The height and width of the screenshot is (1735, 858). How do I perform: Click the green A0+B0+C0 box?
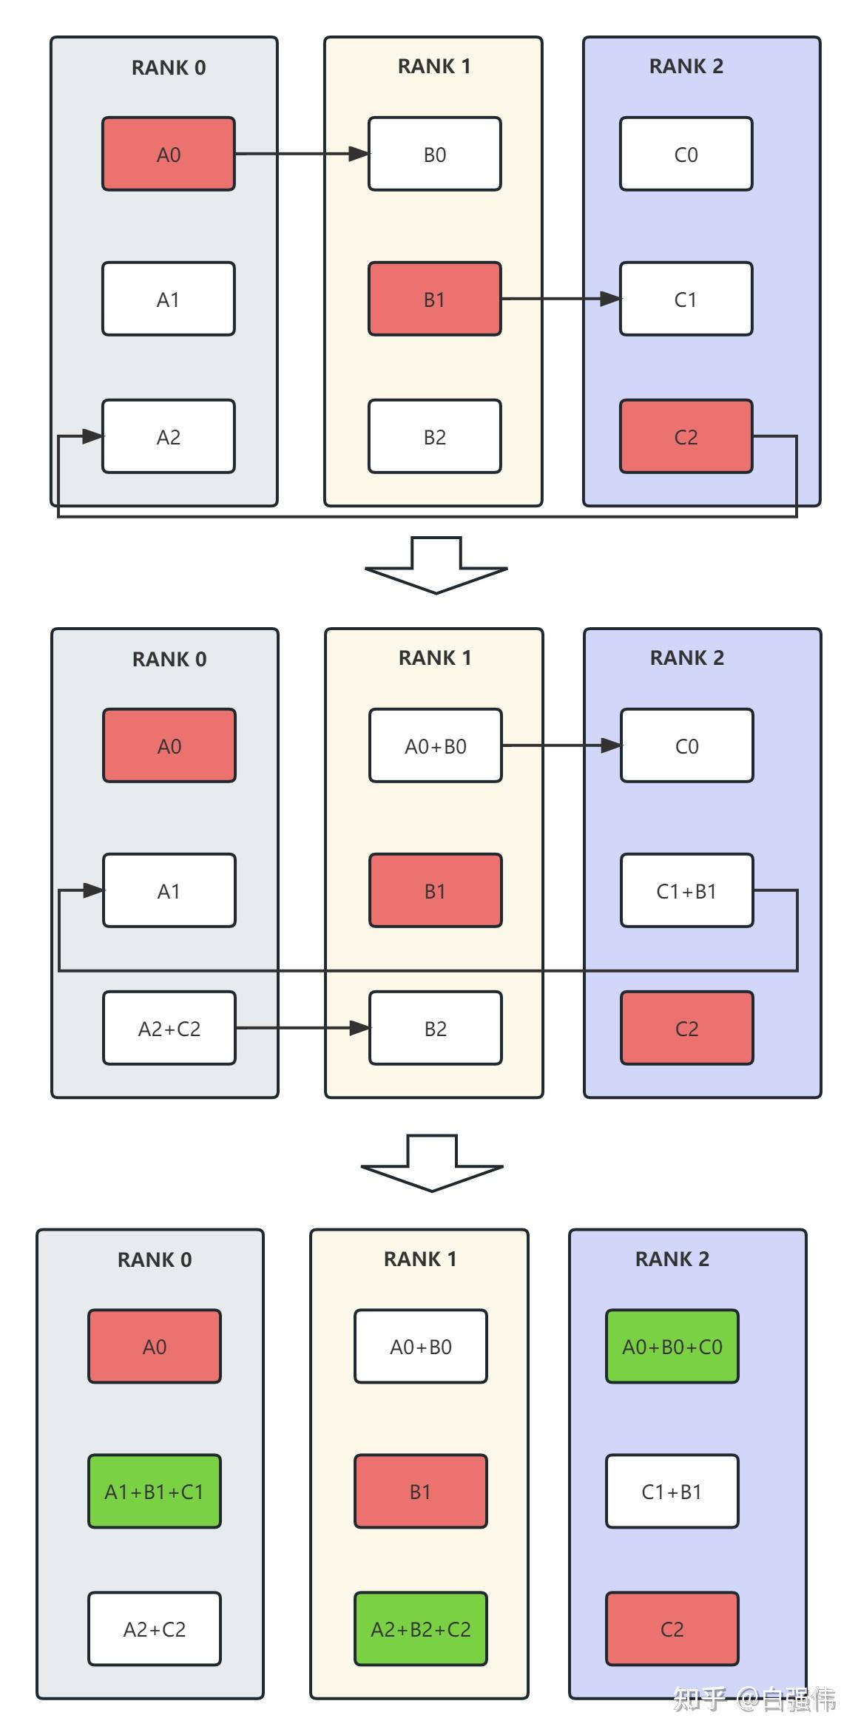672,1346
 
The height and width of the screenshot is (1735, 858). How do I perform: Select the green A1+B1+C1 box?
154,1491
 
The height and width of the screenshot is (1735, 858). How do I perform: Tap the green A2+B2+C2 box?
420,1629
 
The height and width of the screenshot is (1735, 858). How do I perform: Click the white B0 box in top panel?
434,154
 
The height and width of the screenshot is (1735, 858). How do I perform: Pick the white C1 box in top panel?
686,299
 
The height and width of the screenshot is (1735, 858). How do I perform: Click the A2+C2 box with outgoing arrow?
169,1028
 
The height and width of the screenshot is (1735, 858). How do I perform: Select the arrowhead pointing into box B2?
359,1028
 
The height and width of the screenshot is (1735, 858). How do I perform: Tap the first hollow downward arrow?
436,566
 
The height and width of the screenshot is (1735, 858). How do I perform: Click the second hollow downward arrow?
432,1163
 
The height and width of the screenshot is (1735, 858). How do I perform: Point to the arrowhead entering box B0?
359,154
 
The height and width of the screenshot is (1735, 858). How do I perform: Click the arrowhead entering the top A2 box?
92,436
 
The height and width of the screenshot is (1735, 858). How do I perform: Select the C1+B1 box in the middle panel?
686,890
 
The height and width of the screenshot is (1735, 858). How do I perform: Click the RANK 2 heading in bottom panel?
672,1259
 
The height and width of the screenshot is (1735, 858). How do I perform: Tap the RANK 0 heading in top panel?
169,67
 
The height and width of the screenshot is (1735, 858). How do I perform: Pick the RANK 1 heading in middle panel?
435,657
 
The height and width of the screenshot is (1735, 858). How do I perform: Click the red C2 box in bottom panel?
672,1629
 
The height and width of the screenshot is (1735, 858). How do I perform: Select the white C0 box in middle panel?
686,745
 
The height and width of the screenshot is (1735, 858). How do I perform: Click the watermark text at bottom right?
754,1699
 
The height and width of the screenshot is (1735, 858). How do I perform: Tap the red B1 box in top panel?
434,299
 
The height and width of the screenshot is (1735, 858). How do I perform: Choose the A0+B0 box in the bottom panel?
420,1346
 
